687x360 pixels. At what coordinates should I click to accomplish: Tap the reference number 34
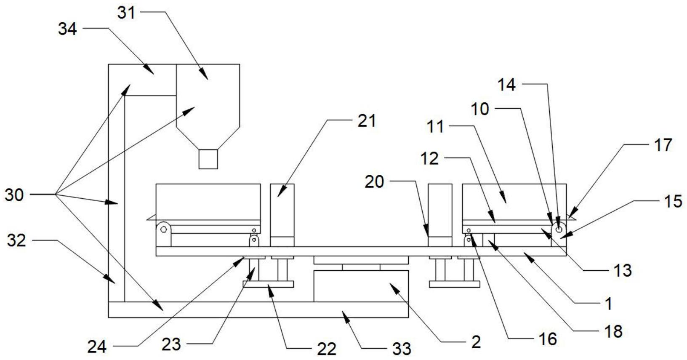click(x=68, y=29)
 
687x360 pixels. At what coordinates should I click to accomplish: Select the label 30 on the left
click(x=15, y=195)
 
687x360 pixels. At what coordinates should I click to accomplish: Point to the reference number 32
click(x=16, y=240)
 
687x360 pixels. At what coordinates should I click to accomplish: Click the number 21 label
click(x=366, y=121)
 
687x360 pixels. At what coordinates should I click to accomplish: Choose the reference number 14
click(x=507, y=85)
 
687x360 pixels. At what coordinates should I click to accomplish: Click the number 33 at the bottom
click(x=402, y=349)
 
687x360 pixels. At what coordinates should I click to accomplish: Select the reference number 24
click(x=97, y=347)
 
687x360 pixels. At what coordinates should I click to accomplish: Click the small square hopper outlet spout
click(x=208, y=159)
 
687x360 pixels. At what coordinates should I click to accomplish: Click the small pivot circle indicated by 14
click(x=559, y=229)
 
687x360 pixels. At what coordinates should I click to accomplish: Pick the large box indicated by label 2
click(x=361, y=286)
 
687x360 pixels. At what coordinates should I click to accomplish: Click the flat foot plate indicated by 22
click(x=268, y=284)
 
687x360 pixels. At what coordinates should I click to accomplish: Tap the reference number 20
click(x=374, y=182)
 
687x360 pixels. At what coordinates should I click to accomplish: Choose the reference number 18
click(x=614, y=331)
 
